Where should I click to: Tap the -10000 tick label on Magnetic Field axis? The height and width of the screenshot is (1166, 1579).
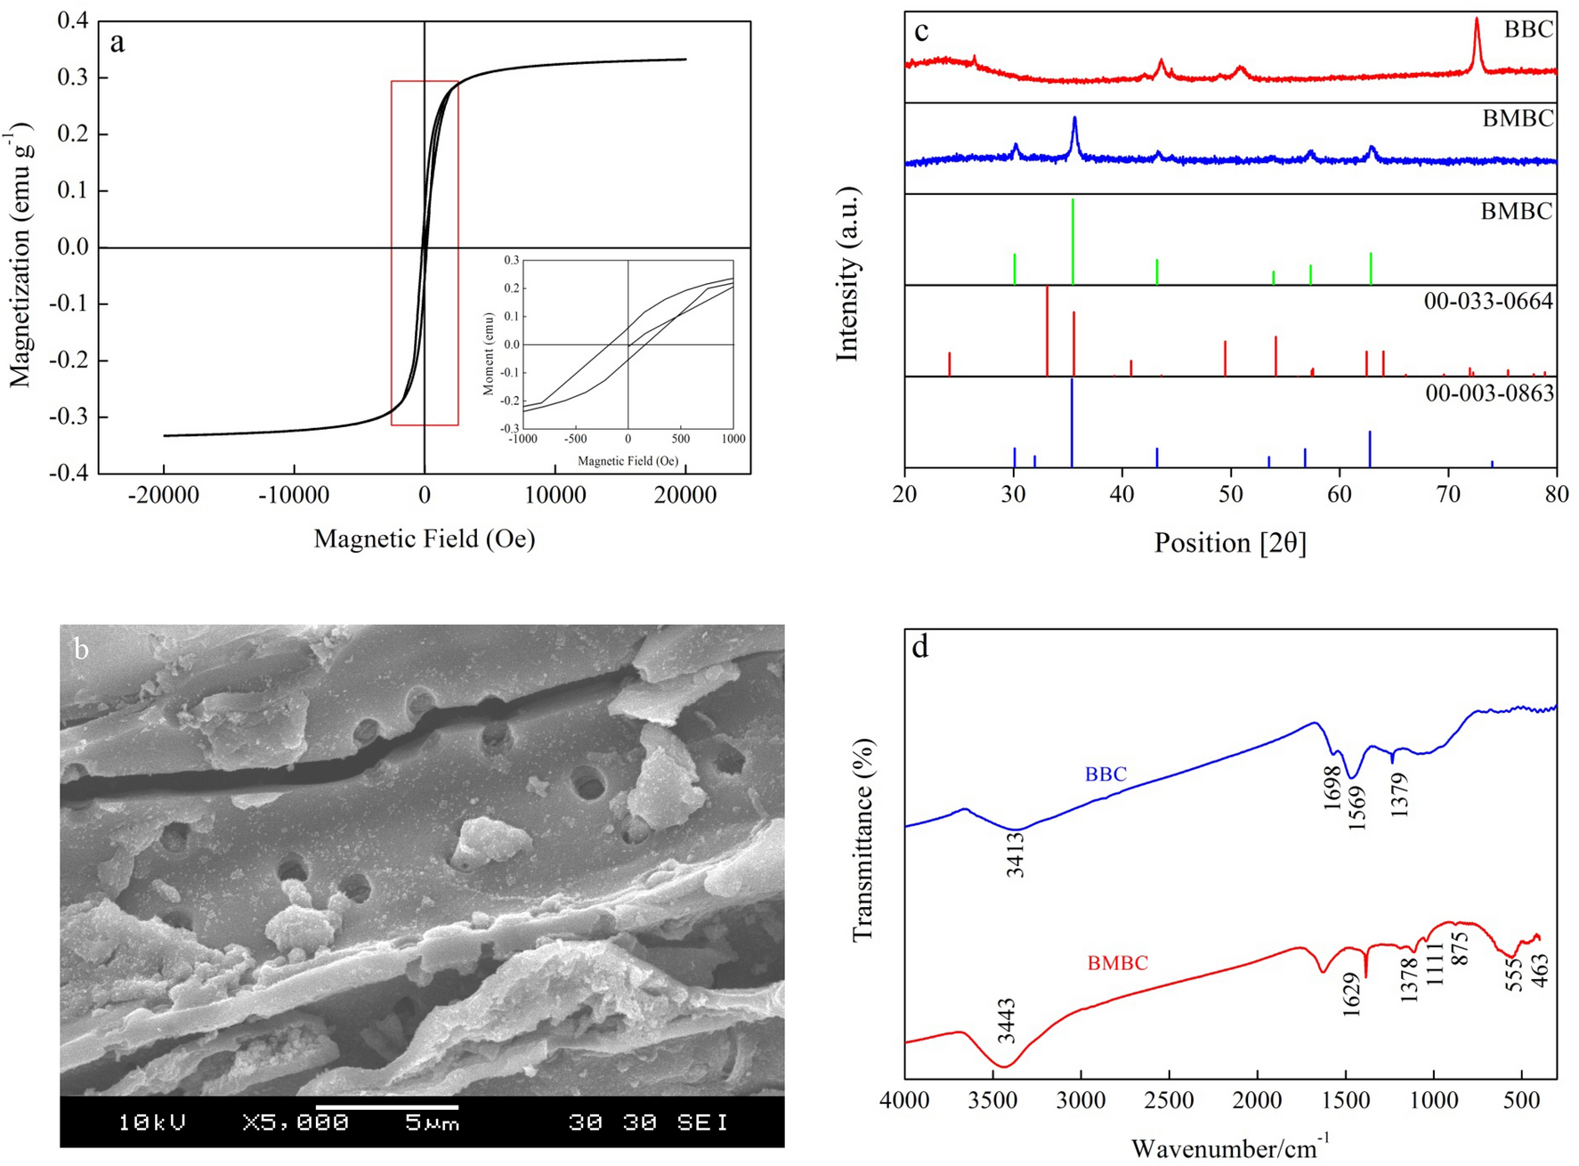[x=294, y=495]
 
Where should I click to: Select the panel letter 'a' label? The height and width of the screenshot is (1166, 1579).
[x=117, y=42]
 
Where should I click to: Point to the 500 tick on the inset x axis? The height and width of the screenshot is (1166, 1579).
[x=680, y=439]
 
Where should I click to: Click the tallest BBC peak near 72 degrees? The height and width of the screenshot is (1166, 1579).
[x=1477, y=22]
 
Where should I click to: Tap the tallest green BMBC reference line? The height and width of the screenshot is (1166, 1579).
[x=1073, y=240]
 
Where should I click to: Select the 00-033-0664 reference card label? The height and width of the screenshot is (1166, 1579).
[x=1487, y=302]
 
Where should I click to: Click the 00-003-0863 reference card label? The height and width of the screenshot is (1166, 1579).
[x=1489, y=393]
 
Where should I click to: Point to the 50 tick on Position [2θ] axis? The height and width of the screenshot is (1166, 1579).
[x=1231, y=493]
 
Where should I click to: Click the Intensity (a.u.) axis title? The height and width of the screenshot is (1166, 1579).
[x=847, y=274]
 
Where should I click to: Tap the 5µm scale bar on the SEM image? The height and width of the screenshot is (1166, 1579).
[x=387, y=1108]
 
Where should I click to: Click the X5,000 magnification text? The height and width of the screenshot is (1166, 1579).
[x=295, y=1122]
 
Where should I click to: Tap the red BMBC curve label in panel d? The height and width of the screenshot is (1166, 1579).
[x=1117, y=963]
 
